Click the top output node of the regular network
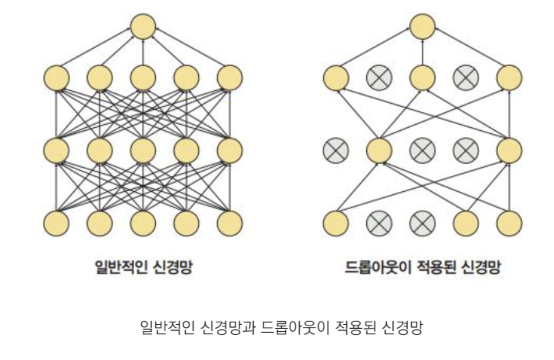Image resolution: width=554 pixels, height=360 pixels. point(143,27)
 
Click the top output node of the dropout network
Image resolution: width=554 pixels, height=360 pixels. point(422,27)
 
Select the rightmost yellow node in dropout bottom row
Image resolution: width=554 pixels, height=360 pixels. point(509,224)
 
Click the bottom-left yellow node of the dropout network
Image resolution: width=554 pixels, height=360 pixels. point(336,224)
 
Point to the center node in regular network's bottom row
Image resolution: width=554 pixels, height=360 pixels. point(143,224)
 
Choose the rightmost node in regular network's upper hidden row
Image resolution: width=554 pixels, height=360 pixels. point(230,78)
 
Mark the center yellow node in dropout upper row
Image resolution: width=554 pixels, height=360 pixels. point(422,78)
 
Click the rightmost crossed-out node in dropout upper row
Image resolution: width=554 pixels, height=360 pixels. point(466,78)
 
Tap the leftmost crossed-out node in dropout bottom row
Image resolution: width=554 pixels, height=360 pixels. point(379,224)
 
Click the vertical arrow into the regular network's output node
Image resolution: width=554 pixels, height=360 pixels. point(143,52)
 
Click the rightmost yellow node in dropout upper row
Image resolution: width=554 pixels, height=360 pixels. point(509,78)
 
